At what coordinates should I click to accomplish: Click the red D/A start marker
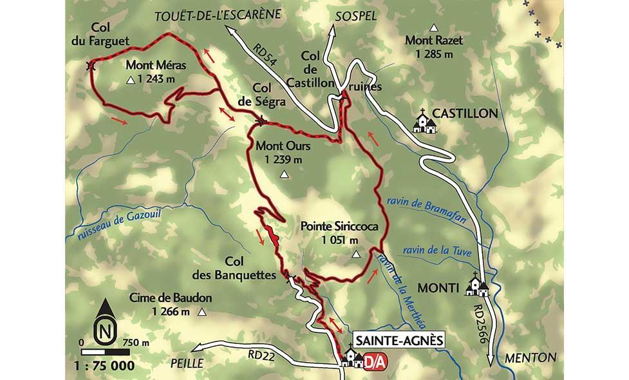pyautogui.click(x=371, y=361)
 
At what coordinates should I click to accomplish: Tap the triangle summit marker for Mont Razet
pyautogui.click(x=435, y=28)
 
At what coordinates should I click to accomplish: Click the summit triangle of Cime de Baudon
pyautogui.click(x=202, y=313)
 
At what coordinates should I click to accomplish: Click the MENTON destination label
pyautogui.click(x=530, y=357)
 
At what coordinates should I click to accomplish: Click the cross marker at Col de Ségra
pyautogui.click(x=261, y=120)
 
